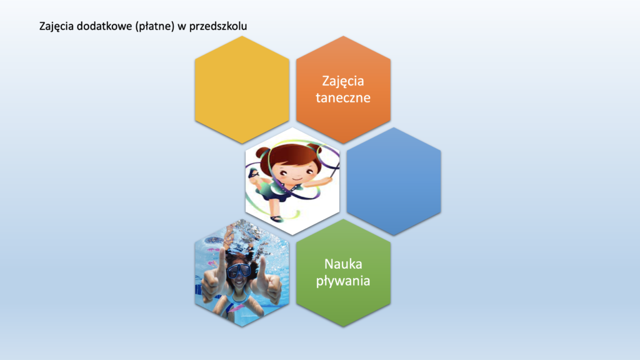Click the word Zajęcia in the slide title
[56, 26]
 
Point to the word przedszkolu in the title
[218, 26]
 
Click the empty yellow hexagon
[242, 90]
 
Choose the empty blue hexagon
[394, 181]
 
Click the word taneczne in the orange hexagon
[343, 98]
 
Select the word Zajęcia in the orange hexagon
[343, 81]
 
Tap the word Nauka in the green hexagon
[343, 264]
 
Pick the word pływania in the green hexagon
[343, 281]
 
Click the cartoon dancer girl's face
[297, 172]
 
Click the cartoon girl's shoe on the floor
[277, 218]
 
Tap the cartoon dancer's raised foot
[254, 174]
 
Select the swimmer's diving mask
[238, 271]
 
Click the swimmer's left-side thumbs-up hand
[213, 279]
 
